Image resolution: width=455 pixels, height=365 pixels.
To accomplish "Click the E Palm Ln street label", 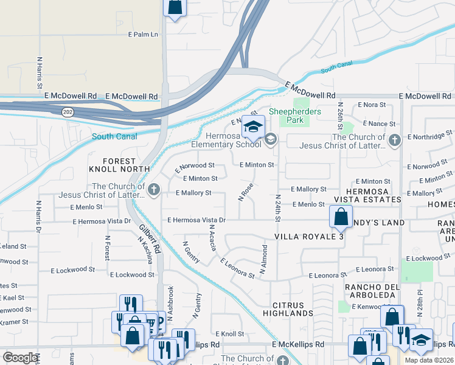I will pyautogui.click(x=143, y=35).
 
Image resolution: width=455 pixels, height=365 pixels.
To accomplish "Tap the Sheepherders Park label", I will pyautogui.click(x=294, y=116).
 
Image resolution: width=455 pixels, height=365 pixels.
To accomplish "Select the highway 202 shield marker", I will pyautogui.click(x=65, y=112).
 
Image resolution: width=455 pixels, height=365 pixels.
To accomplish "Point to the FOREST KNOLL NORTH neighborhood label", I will pyautogui.click(x=119, y=164).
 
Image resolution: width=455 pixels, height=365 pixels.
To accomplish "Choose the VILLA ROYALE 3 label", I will pyautogui.click(x=308, y=236).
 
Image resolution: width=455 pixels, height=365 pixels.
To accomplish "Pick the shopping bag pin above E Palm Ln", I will pyautogui.click(x=175, y=7).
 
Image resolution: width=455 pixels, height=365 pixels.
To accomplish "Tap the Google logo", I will pyautogui.click(x=19, y=358).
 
